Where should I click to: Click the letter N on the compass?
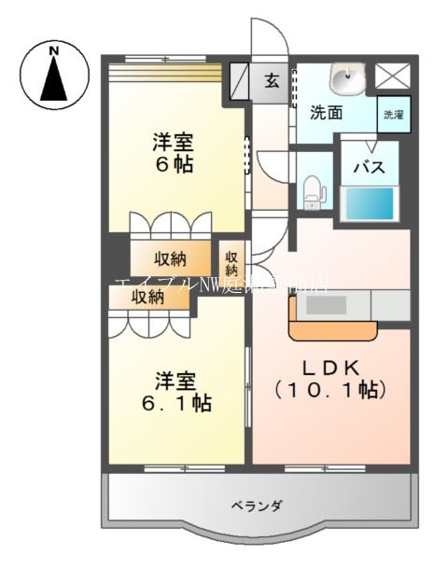54,49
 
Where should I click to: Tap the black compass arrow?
54,80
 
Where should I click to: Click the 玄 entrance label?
271,81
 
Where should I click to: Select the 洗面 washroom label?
326,113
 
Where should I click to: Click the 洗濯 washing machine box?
393,114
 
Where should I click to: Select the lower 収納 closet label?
147,297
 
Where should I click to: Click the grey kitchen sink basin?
328,305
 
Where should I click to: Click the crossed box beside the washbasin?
393,75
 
